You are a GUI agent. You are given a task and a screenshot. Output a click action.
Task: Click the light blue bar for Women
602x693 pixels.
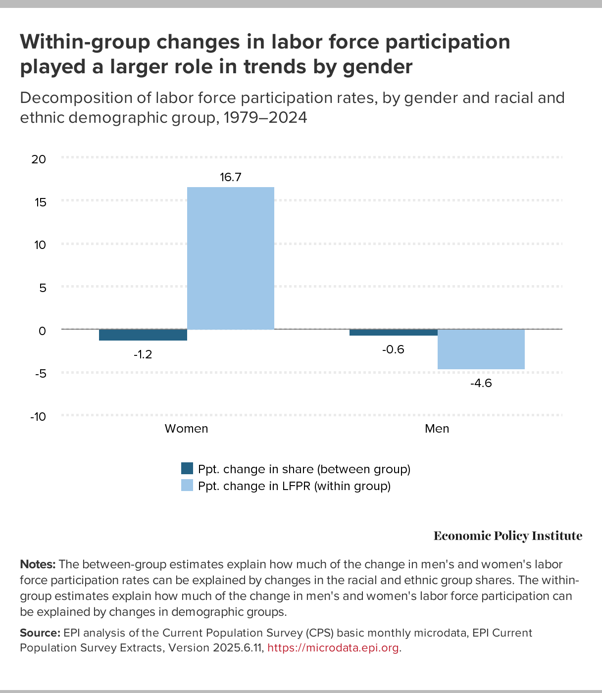[x=230, y=258]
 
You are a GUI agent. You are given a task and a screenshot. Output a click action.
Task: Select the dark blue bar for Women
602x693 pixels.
[x=143, y=335]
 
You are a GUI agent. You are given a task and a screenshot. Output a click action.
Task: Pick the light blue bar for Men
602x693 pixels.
[x=481, y=349]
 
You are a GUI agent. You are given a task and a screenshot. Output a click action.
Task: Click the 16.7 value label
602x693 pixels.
[x=231, y=177]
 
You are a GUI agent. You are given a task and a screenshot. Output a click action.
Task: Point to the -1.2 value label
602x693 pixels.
[x=143, y=354]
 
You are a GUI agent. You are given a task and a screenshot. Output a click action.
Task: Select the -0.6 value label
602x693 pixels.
[x=394, y=349]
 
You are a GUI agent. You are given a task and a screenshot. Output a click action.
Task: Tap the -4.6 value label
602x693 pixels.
[x=481, y=383]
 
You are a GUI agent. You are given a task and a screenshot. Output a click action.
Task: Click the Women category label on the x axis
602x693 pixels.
[x=186, y=429]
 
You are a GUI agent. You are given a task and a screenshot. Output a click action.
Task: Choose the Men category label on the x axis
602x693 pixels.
[x=437, y=429]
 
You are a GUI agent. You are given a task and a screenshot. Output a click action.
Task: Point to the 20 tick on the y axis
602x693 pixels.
[x=39, y=159]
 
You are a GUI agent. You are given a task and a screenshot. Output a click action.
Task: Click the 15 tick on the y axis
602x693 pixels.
[x=40, y=202]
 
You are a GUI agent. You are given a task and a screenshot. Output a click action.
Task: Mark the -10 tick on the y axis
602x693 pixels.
[x=38, y=416]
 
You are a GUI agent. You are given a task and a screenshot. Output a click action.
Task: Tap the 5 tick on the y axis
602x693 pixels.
[x=43, y=288]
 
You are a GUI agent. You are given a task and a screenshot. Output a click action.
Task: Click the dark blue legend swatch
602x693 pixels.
[x=187, y=468]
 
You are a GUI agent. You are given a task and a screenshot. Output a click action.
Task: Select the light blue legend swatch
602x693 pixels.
[x=187, y=486]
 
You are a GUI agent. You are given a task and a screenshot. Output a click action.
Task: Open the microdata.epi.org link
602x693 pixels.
[x=333, y=648]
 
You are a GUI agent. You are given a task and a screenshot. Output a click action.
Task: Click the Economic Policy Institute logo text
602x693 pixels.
[x=508, y=536]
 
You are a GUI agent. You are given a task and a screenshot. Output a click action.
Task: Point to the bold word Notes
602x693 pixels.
[x=38, y=564]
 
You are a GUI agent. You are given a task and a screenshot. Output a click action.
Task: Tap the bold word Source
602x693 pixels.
[x=40, y=633]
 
